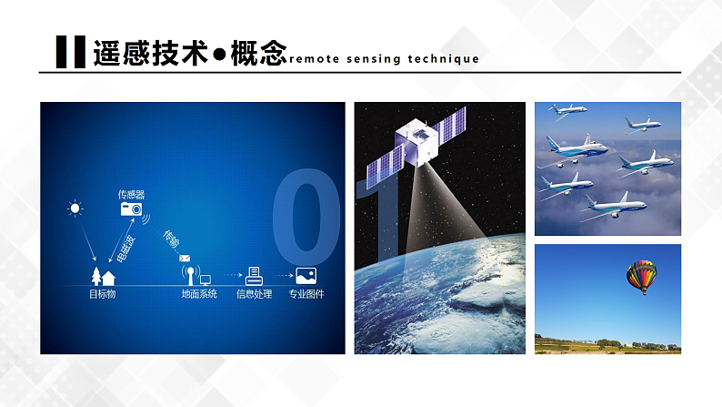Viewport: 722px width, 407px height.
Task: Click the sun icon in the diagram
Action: coord(75,209)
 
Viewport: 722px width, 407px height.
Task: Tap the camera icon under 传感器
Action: coord(132,209)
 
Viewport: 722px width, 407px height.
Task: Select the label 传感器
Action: coord(131,194)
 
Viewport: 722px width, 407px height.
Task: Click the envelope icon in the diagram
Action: coord(185,257)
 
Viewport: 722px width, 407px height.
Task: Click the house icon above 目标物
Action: coord(109,277)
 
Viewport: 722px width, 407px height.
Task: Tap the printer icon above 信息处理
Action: coord(256,275)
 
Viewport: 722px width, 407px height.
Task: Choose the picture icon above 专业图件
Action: coord(306,275)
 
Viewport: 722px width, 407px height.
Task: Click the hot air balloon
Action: coord(641,276)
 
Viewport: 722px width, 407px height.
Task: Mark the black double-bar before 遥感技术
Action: coord(70,53)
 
